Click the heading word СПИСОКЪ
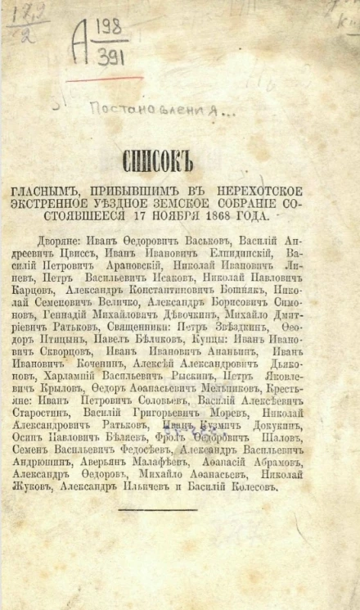179,160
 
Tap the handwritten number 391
107,58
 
